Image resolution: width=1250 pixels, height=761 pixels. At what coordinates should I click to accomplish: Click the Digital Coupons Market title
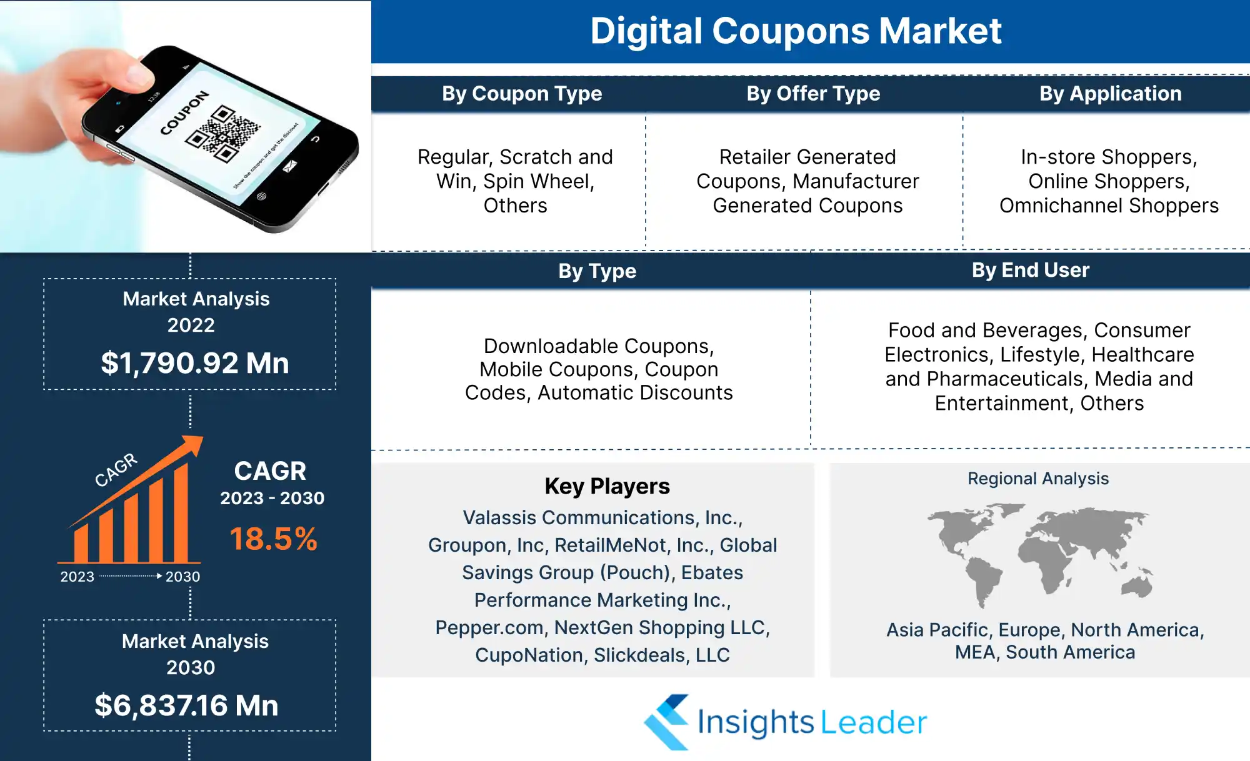coord(796,31)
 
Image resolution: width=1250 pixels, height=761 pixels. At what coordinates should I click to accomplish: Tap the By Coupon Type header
coord(522,94)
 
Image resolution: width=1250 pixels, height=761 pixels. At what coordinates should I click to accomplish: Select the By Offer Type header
coord(813,94)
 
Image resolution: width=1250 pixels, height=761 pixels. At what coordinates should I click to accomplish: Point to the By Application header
coord(1111,94)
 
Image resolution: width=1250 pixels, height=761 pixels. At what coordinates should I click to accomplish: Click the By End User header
coord(1031,270)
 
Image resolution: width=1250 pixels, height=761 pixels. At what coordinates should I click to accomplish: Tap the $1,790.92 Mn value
coord(195,363)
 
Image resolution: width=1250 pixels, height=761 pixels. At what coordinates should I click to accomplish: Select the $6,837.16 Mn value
coord(186,705)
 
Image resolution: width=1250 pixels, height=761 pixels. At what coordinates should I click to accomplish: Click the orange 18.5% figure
coord(274,539)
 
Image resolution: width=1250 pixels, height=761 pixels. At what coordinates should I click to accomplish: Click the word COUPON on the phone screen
coord(184,113)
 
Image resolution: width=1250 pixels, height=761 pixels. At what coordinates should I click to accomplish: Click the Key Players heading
coord(607,486)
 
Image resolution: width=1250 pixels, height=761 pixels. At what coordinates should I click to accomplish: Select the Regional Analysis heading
coord(1038,479)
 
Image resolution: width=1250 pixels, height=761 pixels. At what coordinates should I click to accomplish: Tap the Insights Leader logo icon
coord(667,722)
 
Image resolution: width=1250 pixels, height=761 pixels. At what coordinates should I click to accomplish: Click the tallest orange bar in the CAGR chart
coord(181,512)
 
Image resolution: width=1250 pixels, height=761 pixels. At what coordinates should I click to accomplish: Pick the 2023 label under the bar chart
coord(77,577)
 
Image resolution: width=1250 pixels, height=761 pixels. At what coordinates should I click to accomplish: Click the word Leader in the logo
coord(873,722)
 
